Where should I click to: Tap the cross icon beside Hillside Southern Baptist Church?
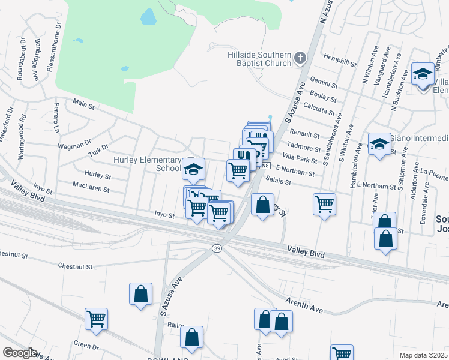pos(300,59)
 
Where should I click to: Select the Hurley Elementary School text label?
pos(148,164)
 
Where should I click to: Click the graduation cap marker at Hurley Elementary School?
pos(194,170)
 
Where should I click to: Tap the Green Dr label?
pos(86,346)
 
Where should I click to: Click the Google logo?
pos(20,353)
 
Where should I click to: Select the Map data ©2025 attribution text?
pos(423,355)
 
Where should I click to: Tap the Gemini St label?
pos(324,80)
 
